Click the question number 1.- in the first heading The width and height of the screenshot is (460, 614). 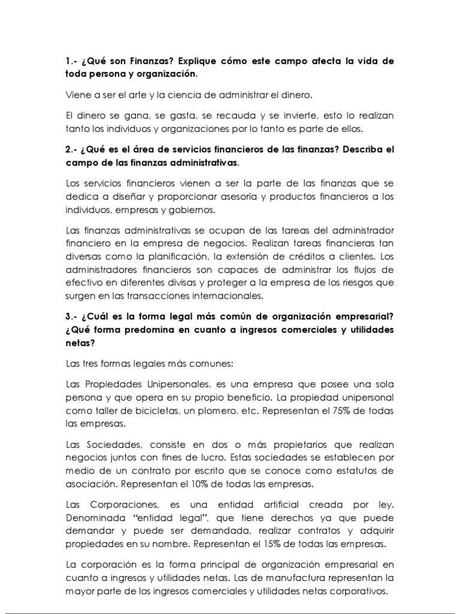[x=72, y=62]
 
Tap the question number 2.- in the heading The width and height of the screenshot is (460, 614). [x=73, y=149]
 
